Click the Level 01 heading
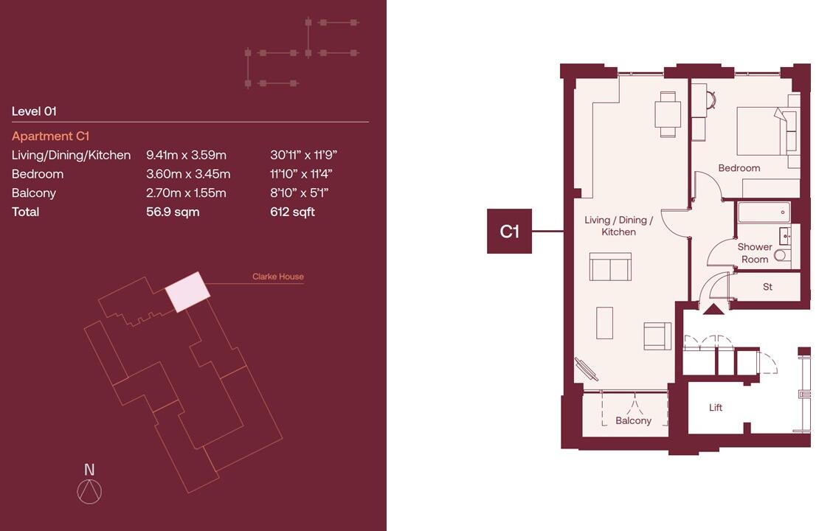[x=34, y=111]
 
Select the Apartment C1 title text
[x=50, y=136]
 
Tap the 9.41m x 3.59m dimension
[x=186, y=155]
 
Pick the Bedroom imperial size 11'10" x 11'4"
[x=301, y=174]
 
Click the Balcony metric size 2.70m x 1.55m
[x=186, y=193]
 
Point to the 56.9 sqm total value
[x=173, y=212]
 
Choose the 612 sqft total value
[x=292, y=212]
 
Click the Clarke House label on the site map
[x=277, y=277]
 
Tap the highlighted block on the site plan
[x=187, y=291]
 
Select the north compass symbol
[x=89, y=491]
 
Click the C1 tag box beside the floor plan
[x=509, y=232]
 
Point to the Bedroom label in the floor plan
[x=739, y=168]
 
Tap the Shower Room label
[x=754, y=253]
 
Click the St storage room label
[x=767, y=287]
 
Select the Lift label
[x=715, y=408]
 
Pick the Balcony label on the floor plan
[x=633, y=420]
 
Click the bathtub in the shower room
[x=764, y=212]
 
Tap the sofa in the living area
[x=610, y=267]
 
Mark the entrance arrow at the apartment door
[x=713, y=309]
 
